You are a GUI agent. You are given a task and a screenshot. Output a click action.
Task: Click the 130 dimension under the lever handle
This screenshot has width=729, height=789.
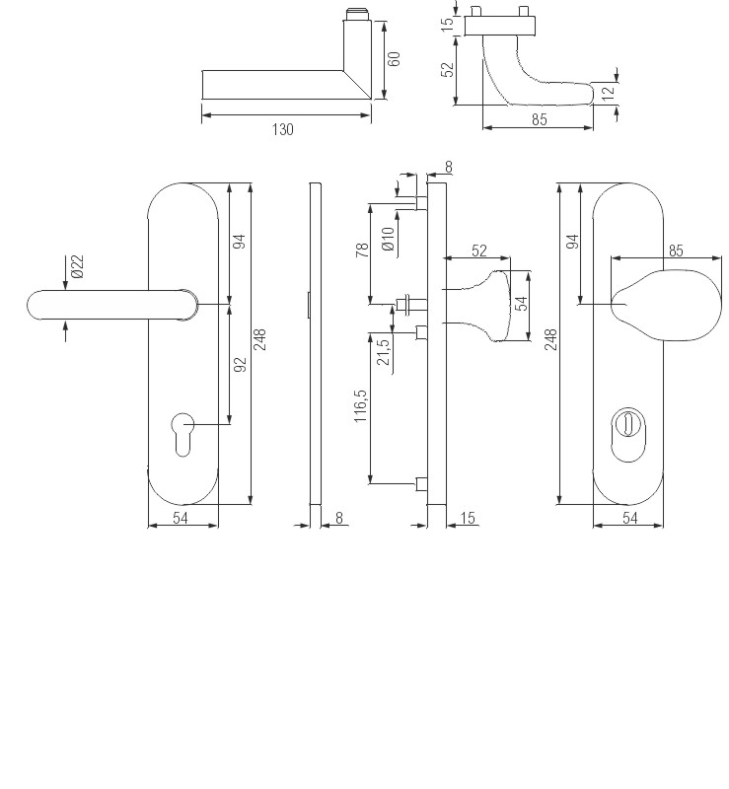282,129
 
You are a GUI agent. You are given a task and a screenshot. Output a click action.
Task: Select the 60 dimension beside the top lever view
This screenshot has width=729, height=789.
394,58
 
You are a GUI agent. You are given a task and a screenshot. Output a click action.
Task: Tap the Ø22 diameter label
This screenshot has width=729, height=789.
77,267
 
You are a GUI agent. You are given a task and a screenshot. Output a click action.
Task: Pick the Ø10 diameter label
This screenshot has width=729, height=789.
389,239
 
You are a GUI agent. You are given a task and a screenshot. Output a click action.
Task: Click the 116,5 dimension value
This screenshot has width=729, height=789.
360,405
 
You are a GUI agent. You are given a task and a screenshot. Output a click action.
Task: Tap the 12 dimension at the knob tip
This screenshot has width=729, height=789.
609,93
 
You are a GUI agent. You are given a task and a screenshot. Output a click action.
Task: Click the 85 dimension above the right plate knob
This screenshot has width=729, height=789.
676,251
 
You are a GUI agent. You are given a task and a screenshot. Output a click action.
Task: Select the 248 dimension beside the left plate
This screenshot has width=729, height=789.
260,341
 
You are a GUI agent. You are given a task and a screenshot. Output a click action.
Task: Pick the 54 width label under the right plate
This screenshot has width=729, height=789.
628,519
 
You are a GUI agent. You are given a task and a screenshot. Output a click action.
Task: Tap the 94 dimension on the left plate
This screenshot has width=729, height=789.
239,242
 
